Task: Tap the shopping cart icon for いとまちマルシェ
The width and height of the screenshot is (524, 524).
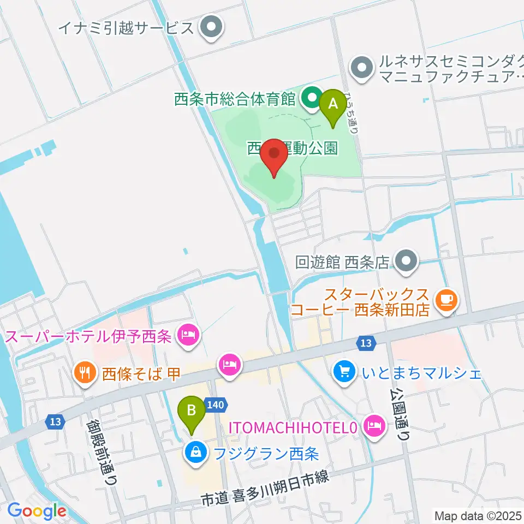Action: [344, 372]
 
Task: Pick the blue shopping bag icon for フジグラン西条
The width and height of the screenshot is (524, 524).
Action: [194, 451]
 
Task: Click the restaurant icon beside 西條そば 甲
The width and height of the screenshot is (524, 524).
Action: [84, 373]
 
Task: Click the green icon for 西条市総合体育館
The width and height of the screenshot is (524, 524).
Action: [311, 98]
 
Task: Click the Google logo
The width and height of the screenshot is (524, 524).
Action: [37, 511]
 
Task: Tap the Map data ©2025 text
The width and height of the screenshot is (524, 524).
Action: [477, 515]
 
